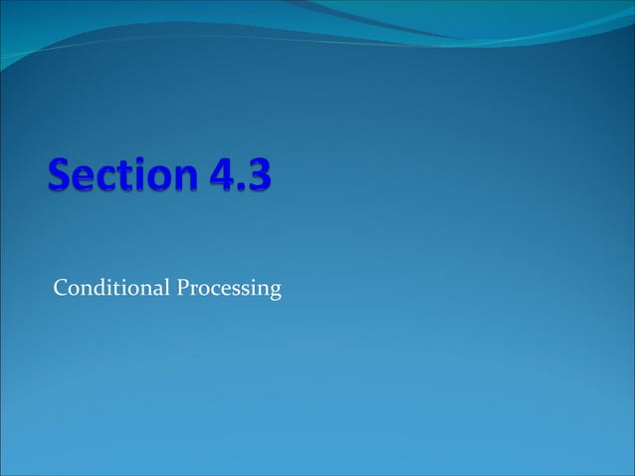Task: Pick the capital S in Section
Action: [x=59, y=180]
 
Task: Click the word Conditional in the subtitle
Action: [x=110, y=289]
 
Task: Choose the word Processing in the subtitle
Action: [x=229, y=291]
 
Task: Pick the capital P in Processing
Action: [x=182, y=289]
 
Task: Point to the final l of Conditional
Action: [x=166, y=288]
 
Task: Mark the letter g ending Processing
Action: [x=275, y=293]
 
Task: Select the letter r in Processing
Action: [x=193, y=291]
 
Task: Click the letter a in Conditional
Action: [x=158, y=291]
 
